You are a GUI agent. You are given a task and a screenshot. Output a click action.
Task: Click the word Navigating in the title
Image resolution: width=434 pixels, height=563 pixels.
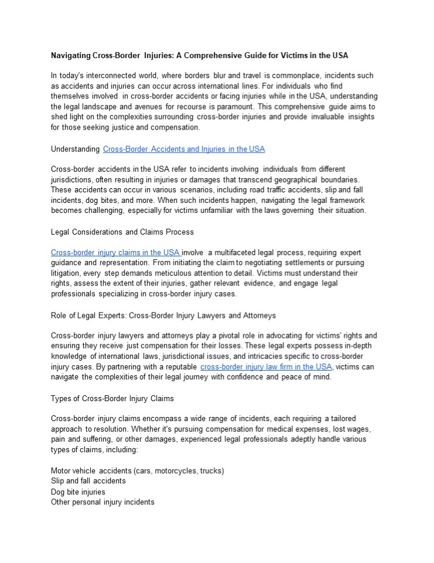[70, 56]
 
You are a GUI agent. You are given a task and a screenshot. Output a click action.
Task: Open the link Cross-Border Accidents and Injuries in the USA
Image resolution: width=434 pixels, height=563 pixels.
[183, 149]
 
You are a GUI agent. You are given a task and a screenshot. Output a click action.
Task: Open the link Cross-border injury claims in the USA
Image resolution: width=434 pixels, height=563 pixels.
[115, 253]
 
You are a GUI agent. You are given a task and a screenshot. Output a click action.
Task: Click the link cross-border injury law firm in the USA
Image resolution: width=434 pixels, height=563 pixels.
[266, 367]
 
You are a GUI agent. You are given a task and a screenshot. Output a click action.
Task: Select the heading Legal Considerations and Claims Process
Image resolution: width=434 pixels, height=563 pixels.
[122, 232]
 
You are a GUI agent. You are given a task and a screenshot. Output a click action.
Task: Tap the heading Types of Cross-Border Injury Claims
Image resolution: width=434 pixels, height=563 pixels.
[112, 399]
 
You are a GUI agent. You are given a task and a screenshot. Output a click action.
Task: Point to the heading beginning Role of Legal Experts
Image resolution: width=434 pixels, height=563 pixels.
[163, 316]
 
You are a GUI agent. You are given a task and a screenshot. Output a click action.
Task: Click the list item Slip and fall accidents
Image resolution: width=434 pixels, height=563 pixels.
[88, 481]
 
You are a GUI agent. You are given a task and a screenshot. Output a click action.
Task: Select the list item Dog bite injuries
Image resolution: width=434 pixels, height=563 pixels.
[78, 491]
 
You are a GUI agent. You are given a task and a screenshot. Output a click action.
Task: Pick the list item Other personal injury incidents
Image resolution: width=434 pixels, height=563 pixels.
[102, 502]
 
